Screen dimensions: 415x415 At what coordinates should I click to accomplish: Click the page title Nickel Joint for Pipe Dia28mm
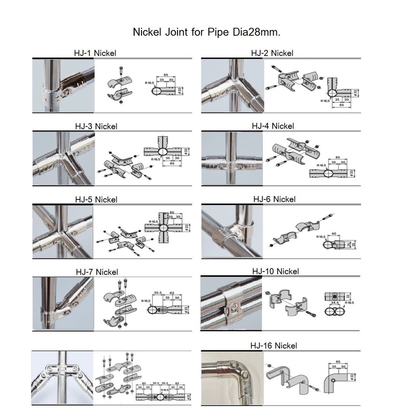[x=206, y=32]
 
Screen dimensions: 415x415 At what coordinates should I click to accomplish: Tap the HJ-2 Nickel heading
[x=272, y=53]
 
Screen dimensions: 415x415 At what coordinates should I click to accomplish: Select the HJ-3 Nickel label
[x=96, y=126]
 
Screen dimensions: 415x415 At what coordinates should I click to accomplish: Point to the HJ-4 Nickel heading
[x=273, y=126]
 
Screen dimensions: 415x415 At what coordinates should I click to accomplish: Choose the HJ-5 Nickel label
[x=96, y=200]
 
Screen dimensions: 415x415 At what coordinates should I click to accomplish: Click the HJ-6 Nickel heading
[x=274, y=199]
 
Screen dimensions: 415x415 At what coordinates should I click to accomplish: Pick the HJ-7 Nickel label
[x=97, y=272]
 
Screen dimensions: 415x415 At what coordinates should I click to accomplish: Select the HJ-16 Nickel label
[x=274, y=346]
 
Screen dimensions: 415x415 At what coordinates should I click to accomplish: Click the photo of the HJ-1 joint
[x=63, y=86]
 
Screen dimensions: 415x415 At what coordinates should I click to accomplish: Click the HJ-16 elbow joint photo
[x=232, y=378]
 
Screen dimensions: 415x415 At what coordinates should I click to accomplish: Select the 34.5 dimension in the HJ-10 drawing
[x=335, y=302]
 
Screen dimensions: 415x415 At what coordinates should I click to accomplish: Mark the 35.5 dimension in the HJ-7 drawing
[x=158, y=292]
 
